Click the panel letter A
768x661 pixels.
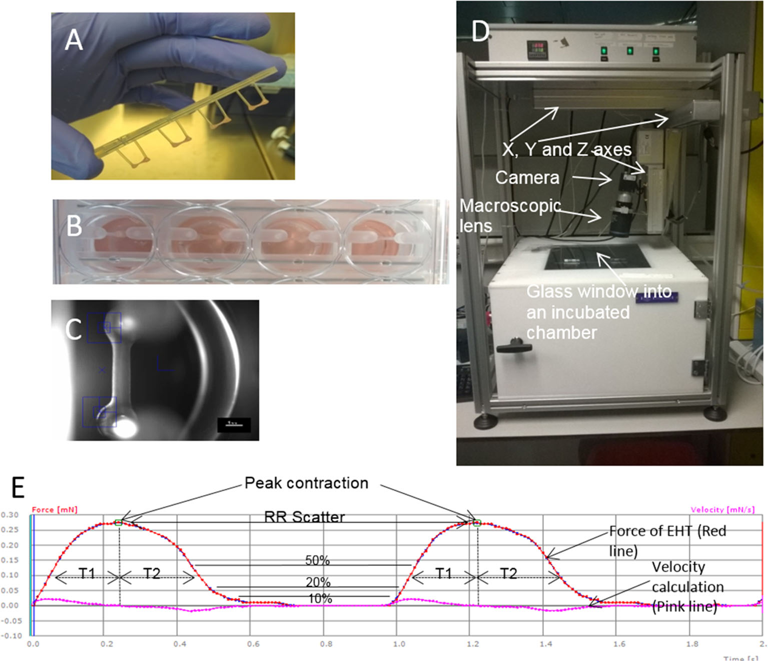(74, 40)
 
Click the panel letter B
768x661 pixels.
(75, 226)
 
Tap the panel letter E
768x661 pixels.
(18, 487)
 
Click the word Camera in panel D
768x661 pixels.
(527, 177)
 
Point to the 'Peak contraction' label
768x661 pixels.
(306, 483)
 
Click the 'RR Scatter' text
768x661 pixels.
(305, 516)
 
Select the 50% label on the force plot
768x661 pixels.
(318, 560)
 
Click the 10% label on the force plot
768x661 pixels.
(320, 598)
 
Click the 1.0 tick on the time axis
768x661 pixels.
(399, 644)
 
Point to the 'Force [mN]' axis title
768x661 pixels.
(55, 509)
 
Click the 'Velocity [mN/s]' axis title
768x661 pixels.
(722, 509)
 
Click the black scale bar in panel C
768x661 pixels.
(234, 425)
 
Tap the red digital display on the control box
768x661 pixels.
(536, 48)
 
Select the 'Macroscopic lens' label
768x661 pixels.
(509, 215)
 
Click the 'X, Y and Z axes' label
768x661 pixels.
(567, 149)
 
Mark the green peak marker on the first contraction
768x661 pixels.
(119, 522)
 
